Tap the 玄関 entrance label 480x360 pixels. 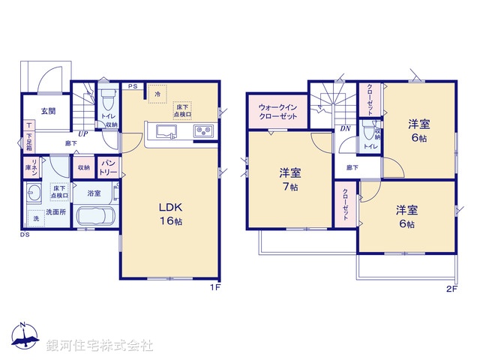(47, 111)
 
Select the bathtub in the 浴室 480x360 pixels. (94, 217)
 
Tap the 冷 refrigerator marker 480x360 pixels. (157, 94)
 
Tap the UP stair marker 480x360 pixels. (82, 133)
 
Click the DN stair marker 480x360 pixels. (345, 128)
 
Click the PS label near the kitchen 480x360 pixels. (131, 87)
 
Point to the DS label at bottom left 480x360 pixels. (24, 234)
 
